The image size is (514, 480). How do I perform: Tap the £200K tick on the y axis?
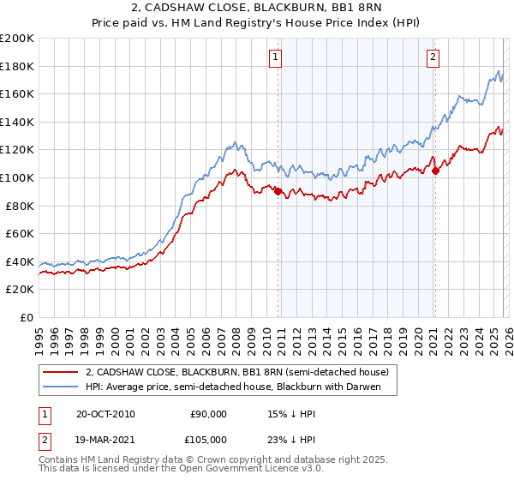[x=17, y=39]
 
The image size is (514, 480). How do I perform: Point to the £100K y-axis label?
[x=17, y=177]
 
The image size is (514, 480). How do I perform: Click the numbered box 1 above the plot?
[x=276, y=57]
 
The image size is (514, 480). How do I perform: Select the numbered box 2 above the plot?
[x=433, y=57]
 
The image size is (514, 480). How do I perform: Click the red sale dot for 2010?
[x=278, y=192]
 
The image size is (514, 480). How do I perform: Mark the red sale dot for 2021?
[x=435, y=171]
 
